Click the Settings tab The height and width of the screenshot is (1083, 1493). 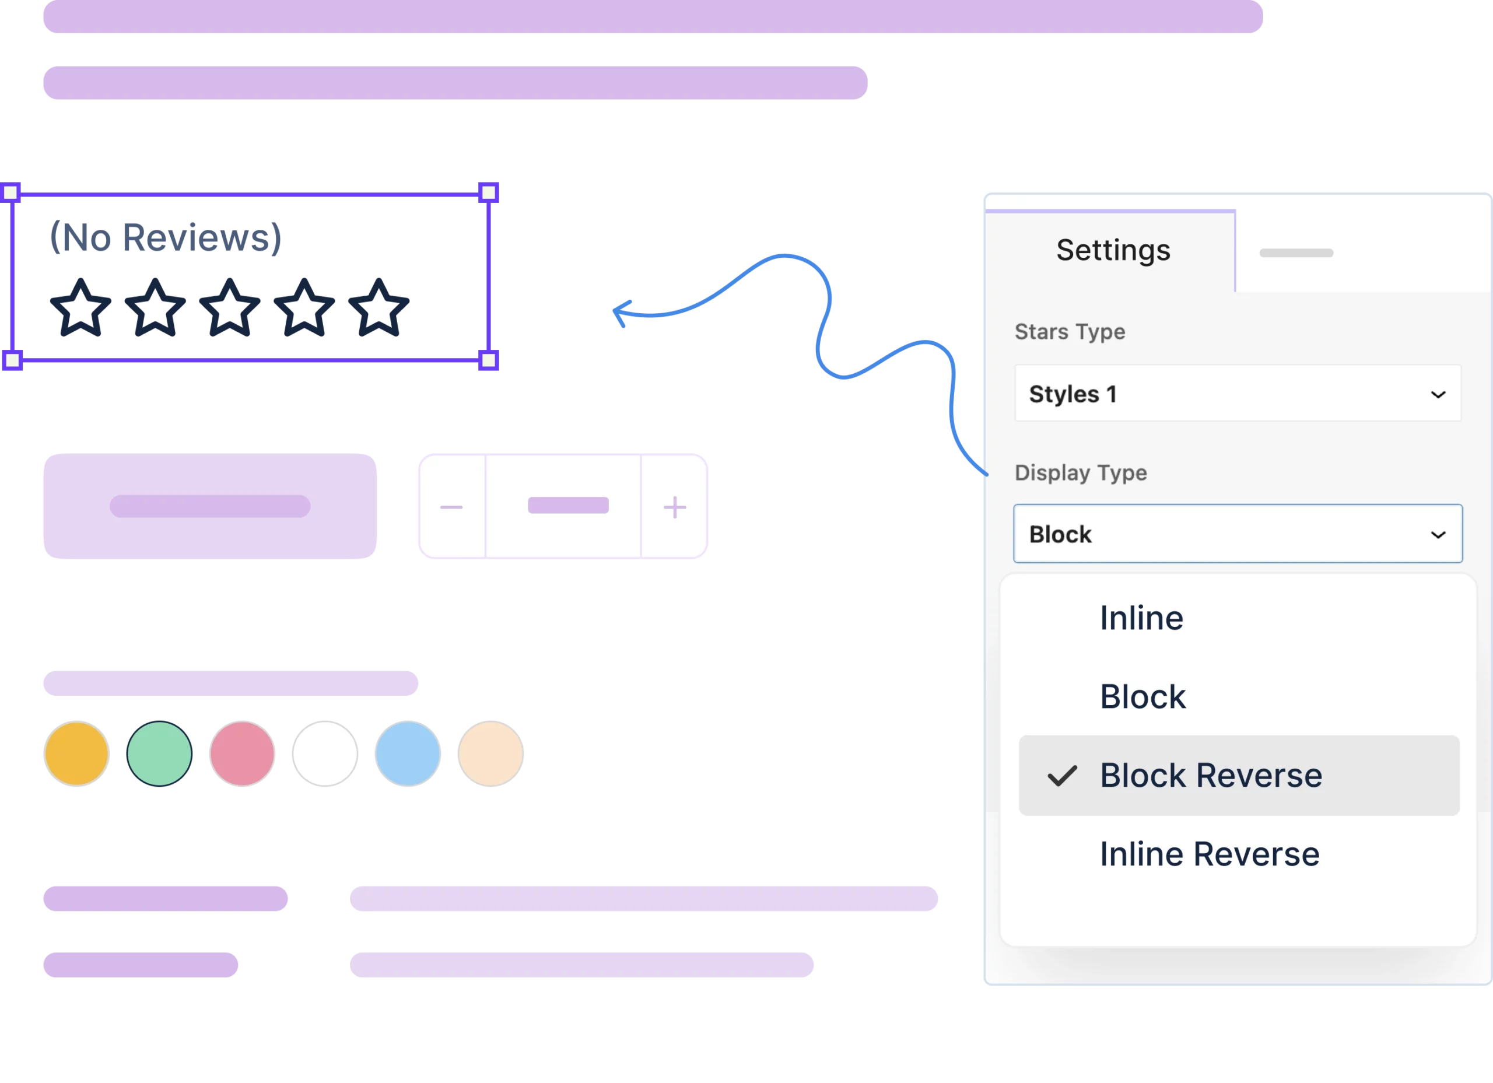tap(1113, 251)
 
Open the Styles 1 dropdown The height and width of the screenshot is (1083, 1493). tap(1237, 394)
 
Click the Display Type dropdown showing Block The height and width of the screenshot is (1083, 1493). tap(1237, 534)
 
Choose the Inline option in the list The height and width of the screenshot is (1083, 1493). tap(1141, 618)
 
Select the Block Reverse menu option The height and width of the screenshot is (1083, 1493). tap(1211, 776)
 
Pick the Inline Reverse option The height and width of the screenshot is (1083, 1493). tap(1210, 854)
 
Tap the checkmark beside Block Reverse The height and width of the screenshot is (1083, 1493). tap(1062, 776)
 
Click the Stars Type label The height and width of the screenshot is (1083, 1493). tap(1070, 332)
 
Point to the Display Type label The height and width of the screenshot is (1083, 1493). tap(1080, 473)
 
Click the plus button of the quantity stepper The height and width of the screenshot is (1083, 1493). tap(675, 507)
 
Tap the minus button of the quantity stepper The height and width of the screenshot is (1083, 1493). tap(451, 507)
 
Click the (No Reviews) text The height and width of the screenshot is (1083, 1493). tap(166, 237)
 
